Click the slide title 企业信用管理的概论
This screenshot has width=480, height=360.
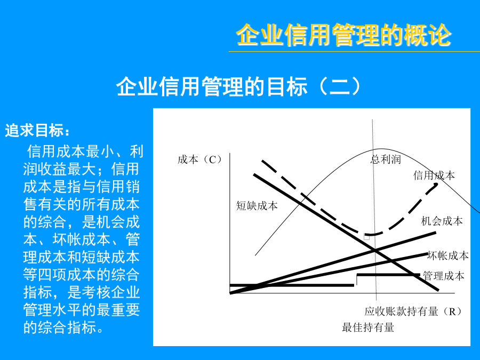tap(343, 35)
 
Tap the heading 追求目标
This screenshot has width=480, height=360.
tap(37, 131)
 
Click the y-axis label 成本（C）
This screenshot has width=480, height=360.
tap(200, 159)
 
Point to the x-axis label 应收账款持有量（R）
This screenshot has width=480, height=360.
tap(413, 311)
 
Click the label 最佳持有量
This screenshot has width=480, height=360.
tap(367, 327)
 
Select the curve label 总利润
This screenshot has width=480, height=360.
tap(386, 159)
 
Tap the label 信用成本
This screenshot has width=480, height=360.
tap(434, 175)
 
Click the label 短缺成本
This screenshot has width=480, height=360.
tap(257, 205)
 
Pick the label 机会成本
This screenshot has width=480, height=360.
tap(442, 221)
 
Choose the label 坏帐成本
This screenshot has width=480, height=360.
tap(448, 255)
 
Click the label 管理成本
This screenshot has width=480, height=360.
tap(444, 276)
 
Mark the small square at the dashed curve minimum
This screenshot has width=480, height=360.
tap(367, 237)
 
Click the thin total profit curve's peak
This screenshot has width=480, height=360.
tap(379, 149)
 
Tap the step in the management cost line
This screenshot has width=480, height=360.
tap(356, 280)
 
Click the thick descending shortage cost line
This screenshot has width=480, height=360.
tap(346, 232)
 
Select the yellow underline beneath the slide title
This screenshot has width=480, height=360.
tap(354, 51)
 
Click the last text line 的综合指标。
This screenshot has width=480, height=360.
tap(63, 327)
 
